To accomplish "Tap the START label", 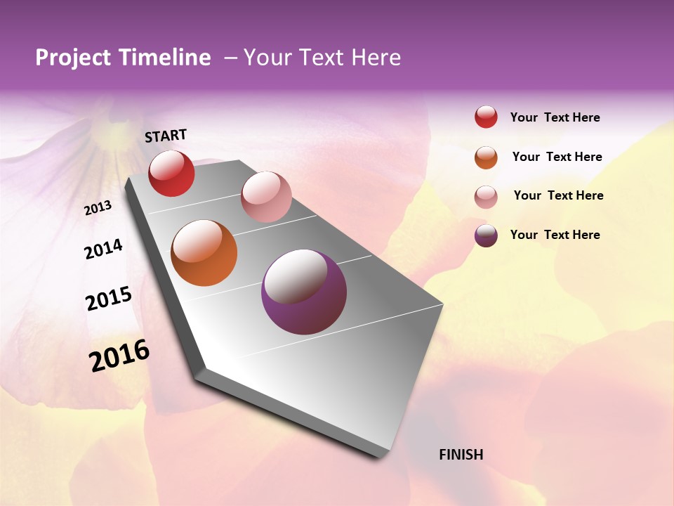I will [x=166, y=136].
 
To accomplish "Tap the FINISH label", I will [x=461, y=455].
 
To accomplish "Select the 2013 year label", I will [x=98, y=208].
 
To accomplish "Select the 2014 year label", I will [x=104, y=249].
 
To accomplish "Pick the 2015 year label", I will [x=109, y=299].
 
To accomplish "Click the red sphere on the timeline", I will [x=171, y=174].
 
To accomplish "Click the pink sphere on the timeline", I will [x=266, y=197].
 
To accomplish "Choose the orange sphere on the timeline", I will [x=204, y=253].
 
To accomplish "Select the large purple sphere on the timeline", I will [x=304, y=292].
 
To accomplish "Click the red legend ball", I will [x=486, y=117].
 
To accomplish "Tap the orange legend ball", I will [x=486, y=157].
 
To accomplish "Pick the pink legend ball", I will [x=486, y=197].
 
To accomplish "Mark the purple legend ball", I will [x=486, y=236].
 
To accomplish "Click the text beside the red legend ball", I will [x=555, y=118].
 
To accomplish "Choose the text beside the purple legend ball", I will [x=555, y=235].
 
